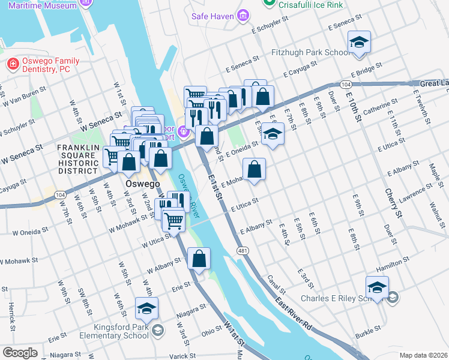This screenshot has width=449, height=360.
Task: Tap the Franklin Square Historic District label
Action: pos(81,159)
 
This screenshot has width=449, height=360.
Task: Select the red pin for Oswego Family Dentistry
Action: pos(12,64)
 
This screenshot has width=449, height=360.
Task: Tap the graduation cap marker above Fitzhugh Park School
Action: pos(359,43)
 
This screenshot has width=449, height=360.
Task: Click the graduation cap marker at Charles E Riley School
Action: pos(377,288)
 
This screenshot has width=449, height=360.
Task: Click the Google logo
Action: pos(20,353)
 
